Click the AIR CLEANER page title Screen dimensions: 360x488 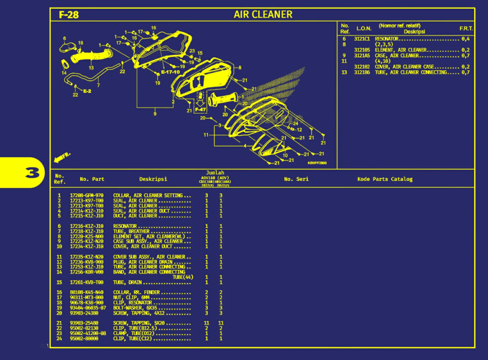(263, 14)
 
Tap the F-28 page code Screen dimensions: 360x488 (69, 15)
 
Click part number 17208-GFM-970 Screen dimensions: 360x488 (87, 195)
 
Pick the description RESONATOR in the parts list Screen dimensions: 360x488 (125, 226)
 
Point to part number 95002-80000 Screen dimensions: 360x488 (84, 339)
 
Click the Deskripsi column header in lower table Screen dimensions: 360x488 (153, 179)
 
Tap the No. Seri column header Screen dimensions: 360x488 (296, 179)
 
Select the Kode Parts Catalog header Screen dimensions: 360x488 (385, 179)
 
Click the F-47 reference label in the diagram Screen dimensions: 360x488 (201, 110)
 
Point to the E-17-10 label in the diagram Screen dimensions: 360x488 (170, 72)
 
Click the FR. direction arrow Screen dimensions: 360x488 (62, 157)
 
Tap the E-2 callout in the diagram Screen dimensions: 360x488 (87, 91)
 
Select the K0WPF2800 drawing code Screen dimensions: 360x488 (317, 163)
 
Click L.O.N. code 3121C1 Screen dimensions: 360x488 (362, 39)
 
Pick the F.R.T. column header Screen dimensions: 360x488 (466, 29)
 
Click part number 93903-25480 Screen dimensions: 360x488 (84, 323)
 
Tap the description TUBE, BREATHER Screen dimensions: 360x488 (131, 231)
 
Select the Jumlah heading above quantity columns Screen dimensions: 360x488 (215, 173)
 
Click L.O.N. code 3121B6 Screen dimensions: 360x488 (362, 73)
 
